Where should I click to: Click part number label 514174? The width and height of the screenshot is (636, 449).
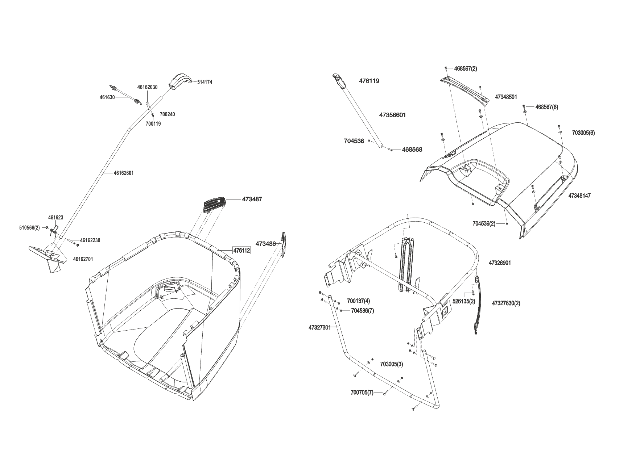coord(205,82)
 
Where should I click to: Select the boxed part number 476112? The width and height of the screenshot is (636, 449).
coord(241,250)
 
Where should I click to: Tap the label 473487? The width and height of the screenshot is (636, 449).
coord(252,199)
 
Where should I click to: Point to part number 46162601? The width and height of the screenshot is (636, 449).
coord(124,173)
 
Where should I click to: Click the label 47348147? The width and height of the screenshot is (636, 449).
coord(579,196)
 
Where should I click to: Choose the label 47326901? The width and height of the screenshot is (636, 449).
coord(500,263)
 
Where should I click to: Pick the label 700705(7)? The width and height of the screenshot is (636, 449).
coord(362,393)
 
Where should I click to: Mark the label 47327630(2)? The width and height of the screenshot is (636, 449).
coord(506,303)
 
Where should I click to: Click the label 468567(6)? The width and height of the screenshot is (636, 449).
coord(546,107)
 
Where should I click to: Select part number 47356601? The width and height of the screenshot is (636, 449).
coord(392,115)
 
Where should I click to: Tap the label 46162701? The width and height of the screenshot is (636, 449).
coord(83,259)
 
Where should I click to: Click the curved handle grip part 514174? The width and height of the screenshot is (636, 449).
coord(178,81)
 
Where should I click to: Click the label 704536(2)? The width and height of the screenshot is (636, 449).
coord(484,223)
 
